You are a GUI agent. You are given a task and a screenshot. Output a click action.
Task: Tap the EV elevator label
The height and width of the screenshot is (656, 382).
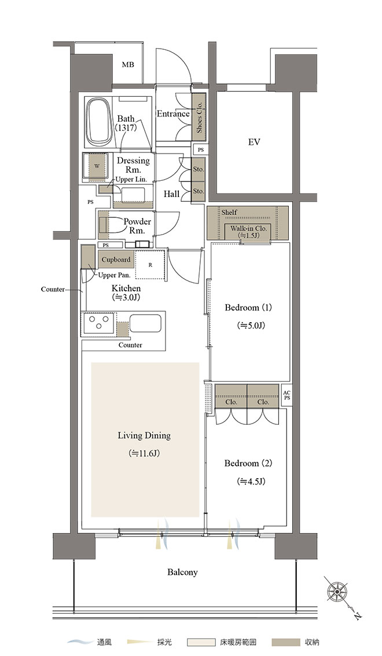coord(254,142)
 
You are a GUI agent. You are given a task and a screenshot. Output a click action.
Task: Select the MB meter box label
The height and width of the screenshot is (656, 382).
coord(128,65)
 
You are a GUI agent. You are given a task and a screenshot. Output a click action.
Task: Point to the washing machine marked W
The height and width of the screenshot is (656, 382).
coord(97,166)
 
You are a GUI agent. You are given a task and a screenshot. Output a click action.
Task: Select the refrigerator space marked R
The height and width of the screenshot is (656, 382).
coord(150,265)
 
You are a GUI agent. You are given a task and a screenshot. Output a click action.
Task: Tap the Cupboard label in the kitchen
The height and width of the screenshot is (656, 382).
coord(116,260)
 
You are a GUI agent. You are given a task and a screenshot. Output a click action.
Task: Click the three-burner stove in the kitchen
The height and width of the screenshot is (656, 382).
coord(99,323)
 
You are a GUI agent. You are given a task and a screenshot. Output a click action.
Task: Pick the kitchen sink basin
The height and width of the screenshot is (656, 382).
coord(145,323)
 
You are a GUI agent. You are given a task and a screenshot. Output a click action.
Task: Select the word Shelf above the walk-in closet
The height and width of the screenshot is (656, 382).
coord(229,213)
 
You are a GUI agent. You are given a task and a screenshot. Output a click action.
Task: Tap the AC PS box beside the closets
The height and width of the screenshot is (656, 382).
coord(286,395)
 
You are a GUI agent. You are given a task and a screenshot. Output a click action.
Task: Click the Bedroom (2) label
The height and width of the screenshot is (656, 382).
coord(248,464)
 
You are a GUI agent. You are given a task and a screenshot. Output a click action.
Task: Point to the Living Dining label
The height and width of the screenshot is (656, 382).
coord(144,436)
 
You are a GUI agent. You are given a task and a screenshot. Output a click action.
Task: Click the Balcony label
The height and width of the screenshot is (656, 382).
coord(183,572)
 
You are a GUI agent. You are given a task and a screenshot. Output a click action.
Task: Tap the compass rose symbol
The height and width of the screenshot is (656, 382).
coord(337,592)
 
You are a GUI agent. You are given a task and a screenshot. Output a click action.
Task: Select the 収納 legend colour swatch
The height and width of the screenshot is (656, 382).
coord(286,642)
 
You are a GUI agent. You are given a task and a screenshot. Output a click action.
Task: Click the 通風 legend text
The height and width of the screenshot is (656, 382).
coord(104,642)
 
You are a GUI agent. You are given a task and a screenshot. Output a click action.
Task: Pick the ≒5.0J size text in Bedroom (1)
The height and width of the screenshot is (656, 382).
coord(251,325)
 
